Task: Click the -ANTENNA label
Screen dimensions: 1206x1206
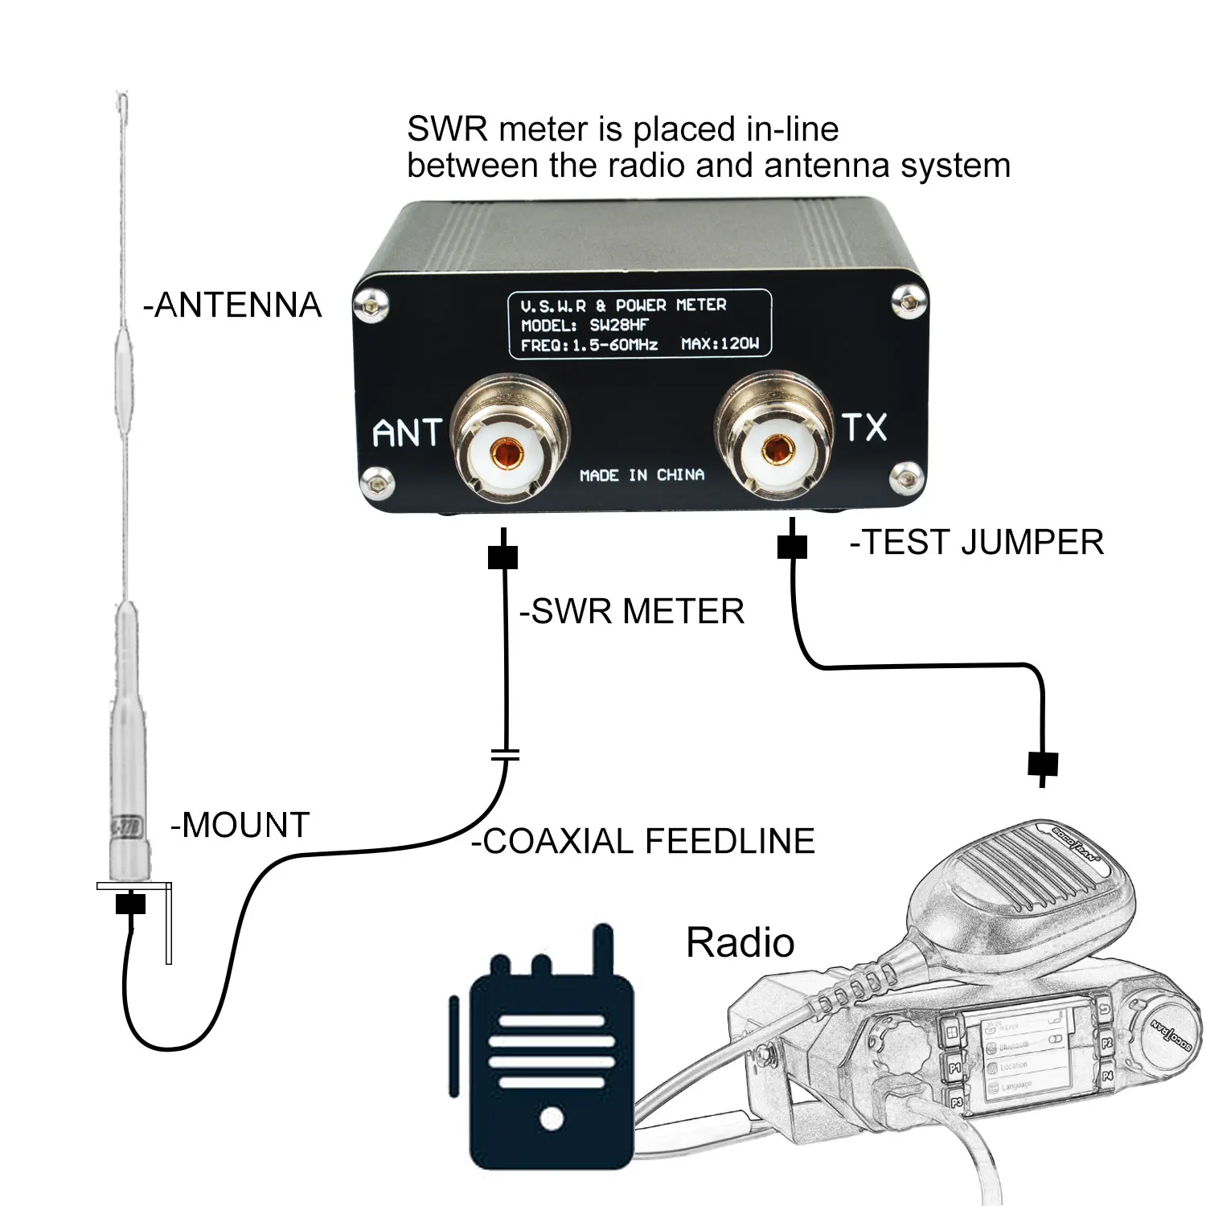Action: click(x=232, y=306)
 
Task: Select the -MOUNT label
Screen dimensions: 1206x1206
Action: click(x=240, y=826)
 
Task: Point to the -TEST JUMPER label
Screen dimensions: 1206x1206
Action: click(x=977, y=543)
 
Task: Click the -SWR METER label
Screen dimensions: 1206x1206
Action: click(x=632, y=612)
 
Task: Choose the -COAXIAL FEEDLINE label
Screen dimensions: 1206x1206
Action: click(x=643, y=842)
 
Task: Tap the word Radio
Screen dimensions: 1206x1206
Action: click(x=740, y=942)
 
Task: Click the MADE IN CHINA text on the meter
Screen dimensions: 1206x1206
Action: click(x=642, y=475)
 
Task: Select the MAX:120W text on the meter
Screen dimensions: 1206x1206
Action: click(x=720, y=344)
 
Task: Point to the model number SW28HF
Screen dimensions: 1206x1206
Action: click(x=619, y=326)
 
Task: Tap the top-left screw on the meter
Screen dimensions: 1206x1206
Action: click(x=371, y=306)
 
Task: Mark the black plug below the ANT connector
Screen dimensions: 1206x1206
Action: click(x=503, y=556)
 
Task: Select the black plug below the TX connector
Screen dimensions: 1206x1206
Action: click(x=792, y=546)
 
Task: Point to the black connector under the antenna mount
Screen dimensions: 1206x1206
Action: click(x=130, y=904)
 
